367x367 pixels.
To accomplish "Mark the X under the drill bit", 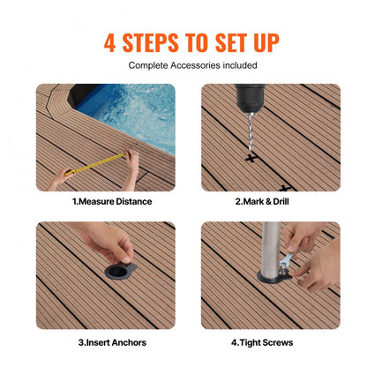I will pos(251,160).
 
